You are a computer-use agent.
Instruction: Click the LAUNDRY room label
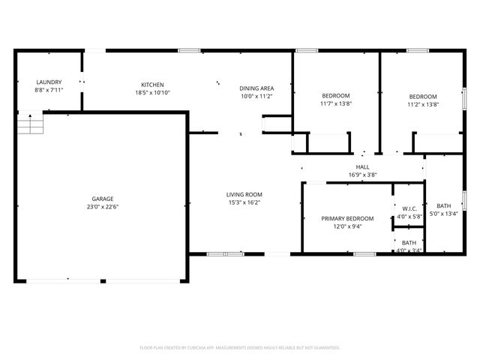[x=49, y=82]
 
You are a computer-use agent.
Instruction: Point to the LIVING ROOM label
[x=244, y=194]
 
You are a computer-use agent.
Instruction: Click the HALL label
[x=362, y=167]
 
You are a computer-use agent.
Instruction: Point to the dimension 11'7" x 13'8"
[x=335, y=104]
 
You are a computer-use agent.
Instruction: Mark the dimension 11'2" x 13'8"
[x=422, y=104]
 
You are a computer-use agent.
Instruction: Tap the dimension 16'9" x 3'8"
[x=362, y=175]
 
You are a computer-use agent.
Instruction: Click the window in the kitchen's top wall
[x=189, y=50]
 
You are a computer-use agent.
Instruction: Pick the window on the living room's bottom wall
[x=225, y=253]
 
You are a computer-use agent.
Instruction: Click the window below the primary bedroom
[x=364, y=253]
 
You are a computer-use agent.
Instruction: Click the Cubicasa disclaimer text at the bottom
[x=240, y=348]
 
